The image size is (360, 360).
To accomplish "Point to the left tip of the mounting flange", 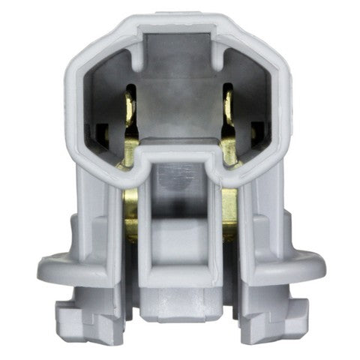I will (43, 265).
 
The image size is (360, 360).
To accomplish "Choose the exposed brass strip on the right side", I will (231, 214).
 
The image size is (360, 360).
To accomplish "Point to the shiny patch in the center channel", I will (180, 174).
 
